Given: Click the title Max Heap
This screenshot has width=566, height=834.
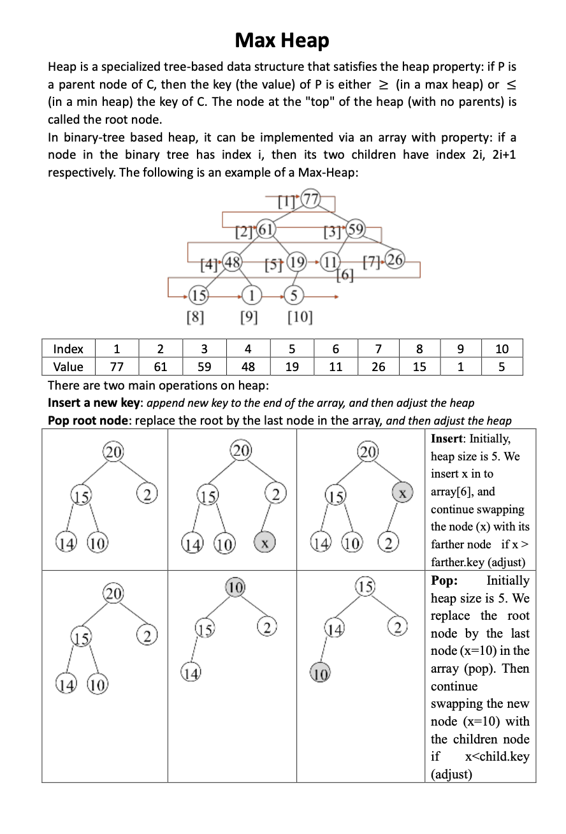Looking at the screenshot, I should coord(282,41).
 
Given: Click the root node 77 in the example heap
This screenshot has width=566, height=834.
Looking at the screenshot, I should coord(310,199).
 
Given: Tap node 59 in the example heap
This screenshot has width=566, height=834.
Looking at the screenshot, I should coord(355,229).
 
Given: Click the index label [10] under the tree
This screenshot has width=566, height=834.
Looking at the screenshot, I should coord(300,316).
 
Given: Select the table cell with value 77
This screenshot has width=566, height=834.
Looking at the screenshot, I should coord(117,367).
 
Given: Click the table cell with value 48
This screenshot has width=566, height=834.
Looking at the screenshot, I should coord(248,367).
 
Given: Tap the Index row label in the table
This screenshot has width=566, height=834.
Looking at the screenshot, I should coord(68,349).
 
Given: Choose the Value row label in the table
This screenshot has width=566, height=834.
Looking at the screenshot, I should coord(68,367).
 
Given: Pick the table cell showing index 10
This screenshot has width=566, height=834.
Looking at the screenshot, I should coord(502,349).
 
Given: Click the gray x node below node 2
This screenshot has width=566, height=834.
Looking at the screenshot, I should coord(265,543).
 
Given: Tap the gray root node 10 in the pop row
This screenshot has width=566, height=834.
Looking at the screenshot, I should coord(235,587).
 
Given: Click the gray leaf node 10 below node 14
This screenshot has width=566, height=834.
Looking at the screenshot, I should coord(320,673).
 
